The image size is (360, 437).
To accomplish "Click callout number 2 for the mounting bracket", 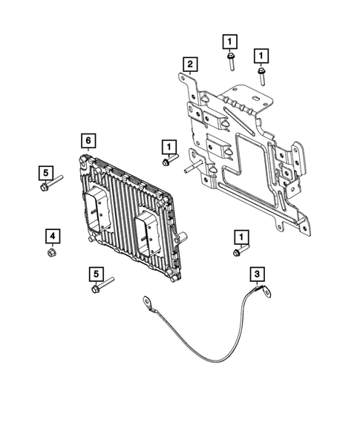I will (x=191, y=65).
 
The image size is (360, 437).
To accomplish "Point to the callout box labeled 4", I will (x=52, y=236).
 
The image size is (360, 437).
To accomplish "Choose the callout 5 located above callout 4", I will (x=45, y=173).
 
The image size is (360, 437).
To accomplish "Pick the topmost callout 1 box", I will (x=231, y=41).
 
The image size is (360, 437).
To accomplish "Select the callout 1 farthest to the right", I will (x=261, y=55).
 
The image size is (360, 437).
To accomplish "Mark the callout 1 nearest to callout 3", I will (x=241, y=236).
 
